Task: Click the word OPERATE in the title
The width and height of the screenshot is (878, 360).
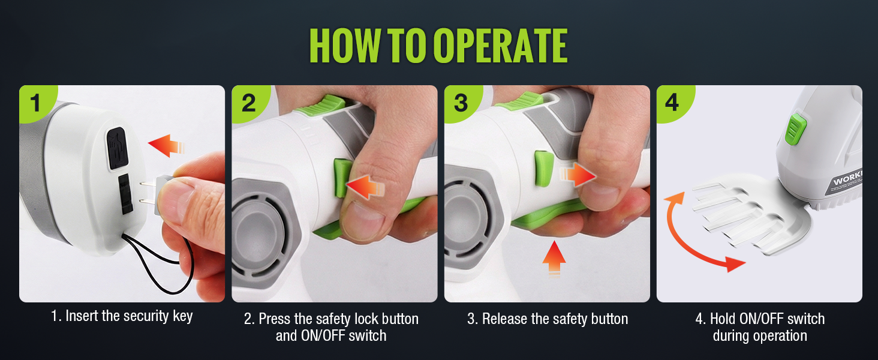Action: (500, 46)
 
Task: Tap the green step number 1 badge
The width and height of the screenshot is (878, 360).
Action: (35, 103)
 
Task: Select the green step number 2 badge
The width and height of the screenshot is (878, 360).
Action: (248, 103)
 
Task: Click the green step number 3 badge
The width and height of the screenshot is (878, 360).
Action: (461, 103)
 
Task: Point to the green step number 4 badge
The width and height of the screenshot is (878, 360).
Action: (672, 103)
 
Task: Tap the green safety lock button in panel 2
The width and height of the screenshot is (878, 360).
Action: (340, 176)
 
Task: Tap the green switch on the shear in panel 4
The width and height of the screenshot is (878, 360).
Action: (795, 128)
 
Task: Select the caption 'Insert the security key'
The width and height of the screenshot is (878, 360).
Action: (122, 316)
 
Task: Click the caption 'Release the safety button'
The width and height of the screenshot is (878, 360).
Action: (547, 319)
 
